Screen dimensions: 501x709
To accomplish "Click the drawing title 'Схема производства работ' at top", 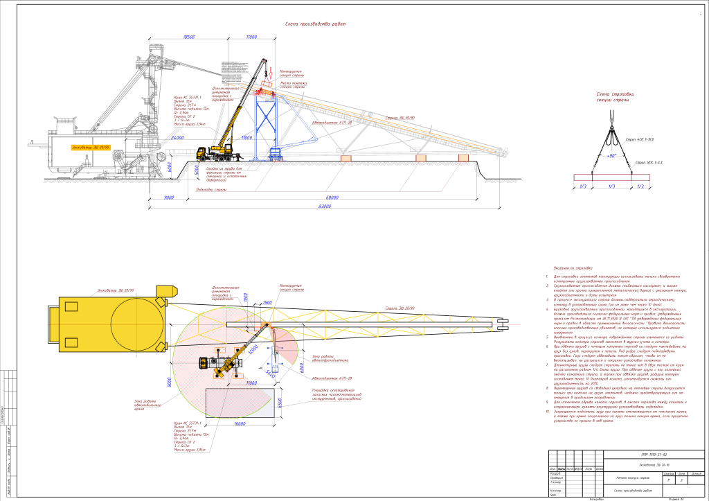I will click(x=315, y=24).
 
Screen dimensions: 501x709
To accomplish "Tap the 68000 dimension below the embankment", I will click(x=333, y=197).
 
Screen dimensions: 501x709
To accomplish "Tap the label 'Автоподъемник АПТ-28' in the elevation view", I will click(x=327, y=122).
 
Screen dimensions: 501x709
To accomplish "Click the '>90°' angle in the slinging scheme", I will click(x=611, y=155).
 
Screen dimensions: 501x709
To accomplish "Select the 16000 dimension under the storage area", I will click(x=240, y=423).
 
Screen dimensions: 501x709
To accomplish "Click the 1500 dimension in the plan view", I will click(x=267, y=303).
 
